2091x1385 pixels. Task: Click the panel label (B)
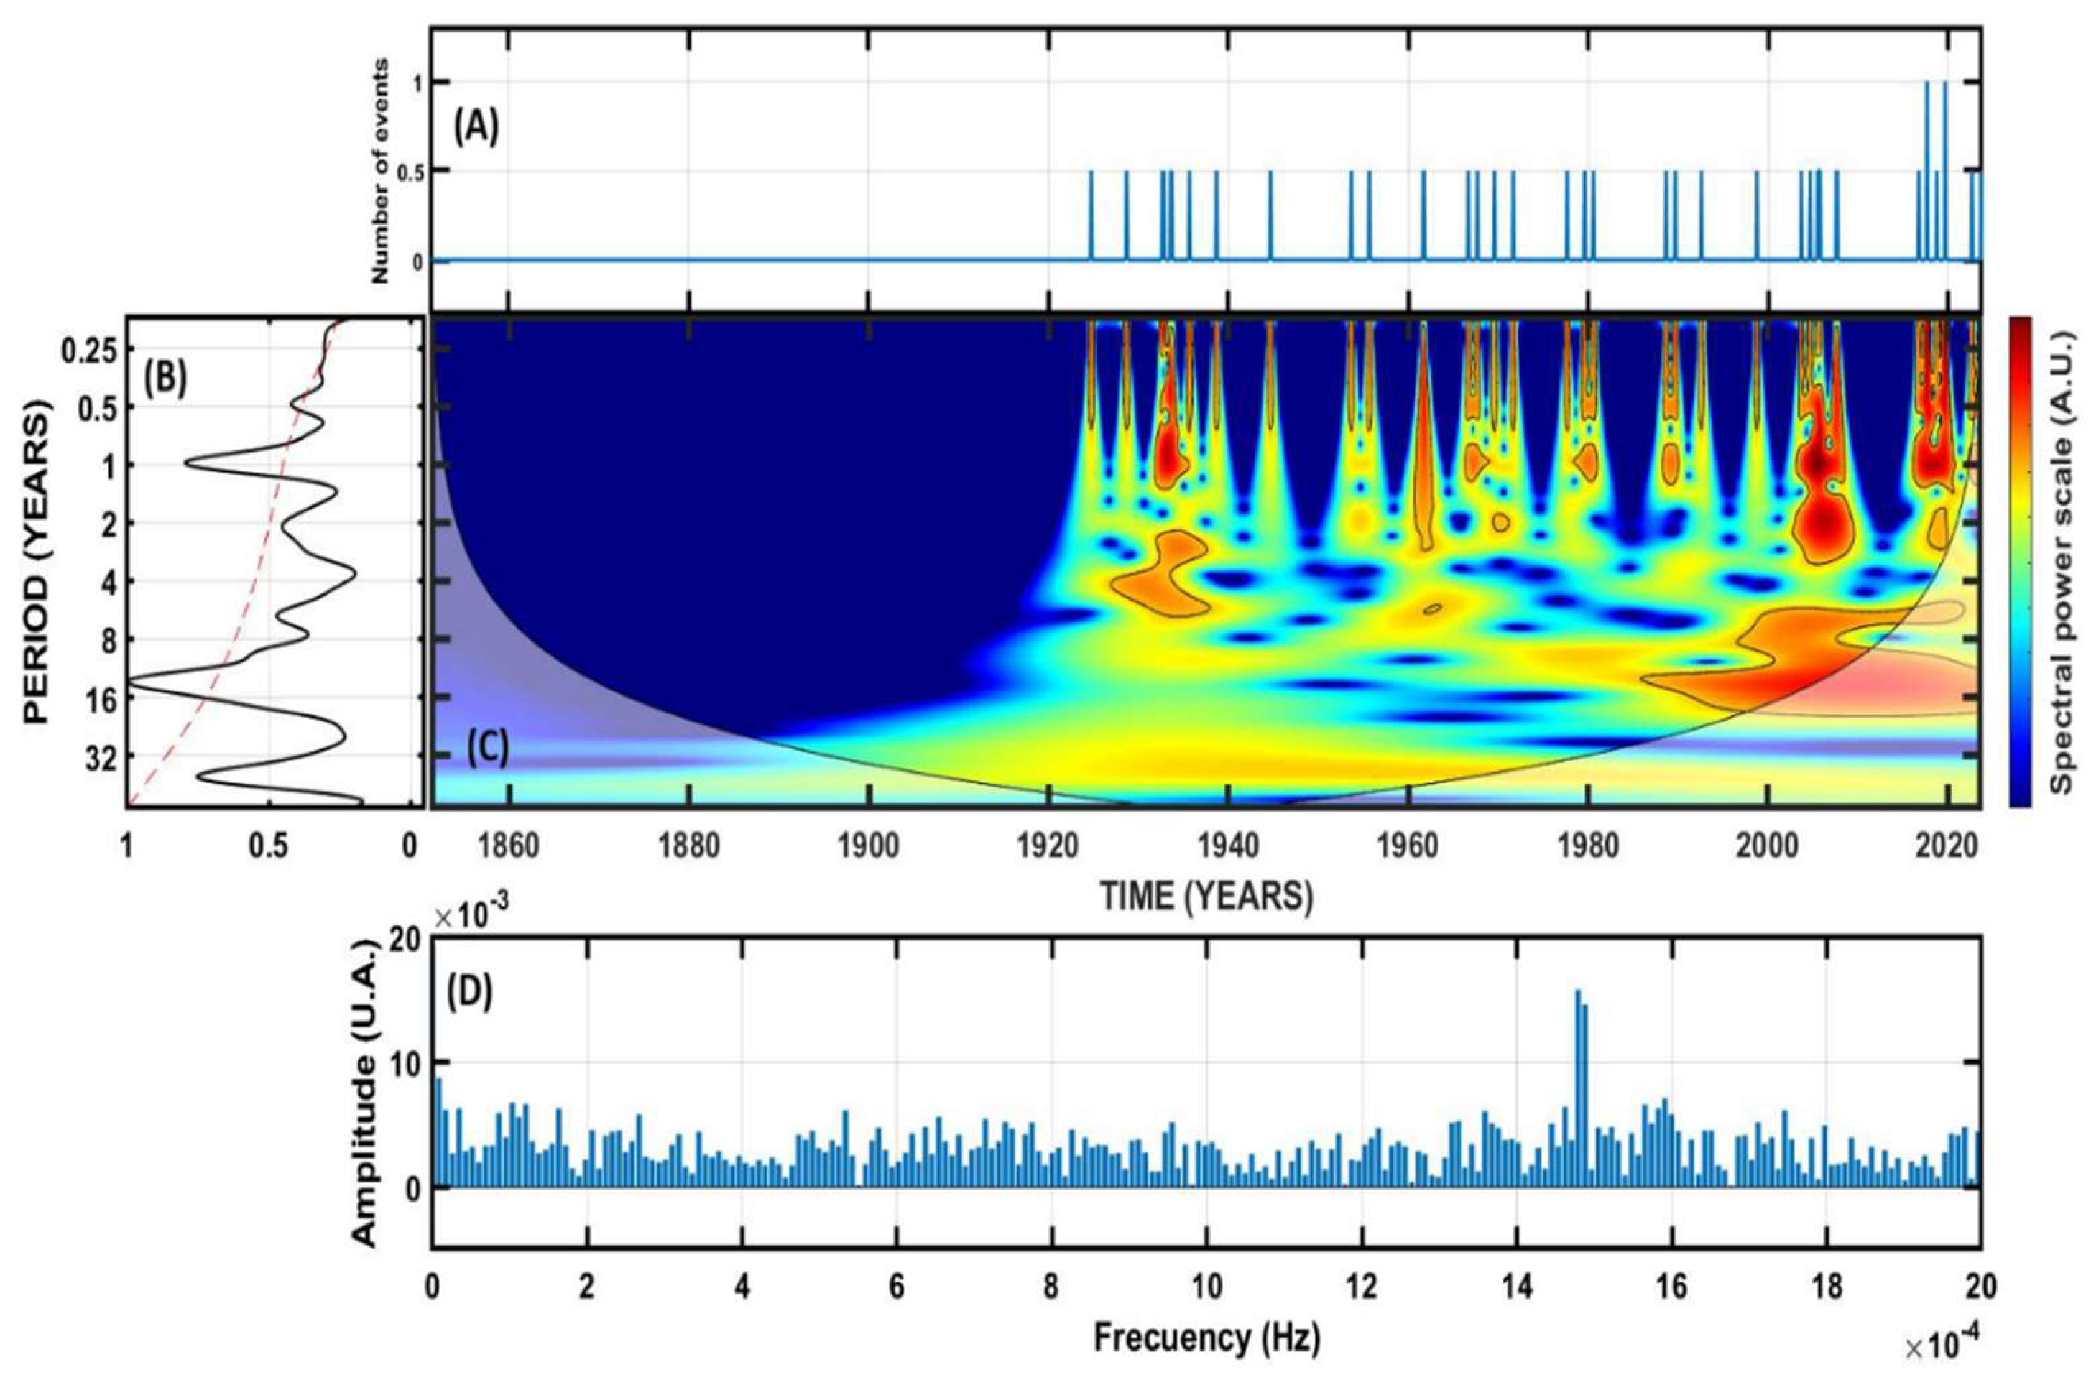(166, 378)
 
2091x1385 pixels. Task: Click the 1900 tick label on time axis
(869, 846)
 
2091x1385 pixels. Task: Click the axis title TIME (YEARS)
(1206, 896)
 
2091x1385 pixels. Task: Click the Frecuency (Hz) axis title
(1206, 1338)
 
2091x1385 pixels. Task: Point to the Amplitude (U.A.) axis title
(364, 1091)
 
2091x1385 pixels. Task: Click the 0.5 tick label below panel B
(269, 846)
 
